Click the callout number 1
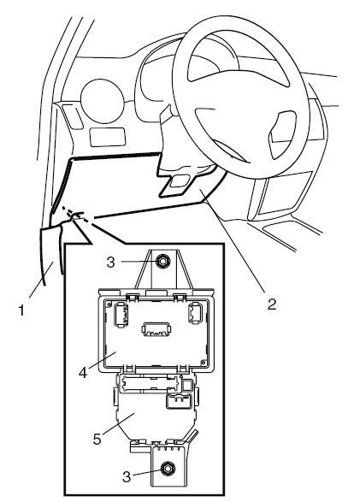pos(21,310)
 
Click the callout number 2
pos(272,304)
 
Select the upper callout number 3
pos(110,263)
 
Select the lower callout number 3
pos(127,476)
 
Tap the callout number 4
pos(83,372)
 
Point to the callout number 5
pos(97,439)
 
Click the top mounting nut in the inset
pos(162,262)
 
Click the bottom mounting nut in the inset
pos(167,469)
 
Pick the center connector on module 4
pos(156,328)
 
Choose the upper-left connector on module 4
pos(121,315)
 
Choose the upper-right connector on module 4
pos(196,313)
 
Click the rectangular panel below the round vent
pos(108,137)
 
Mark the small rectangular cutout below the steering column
pos(180,180)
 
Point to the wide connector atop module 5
pos(148,382)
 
